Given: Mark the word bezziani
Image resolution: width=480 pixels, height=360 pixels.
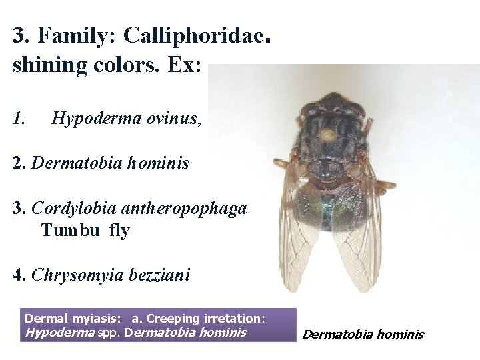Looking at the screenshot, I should [161, 274].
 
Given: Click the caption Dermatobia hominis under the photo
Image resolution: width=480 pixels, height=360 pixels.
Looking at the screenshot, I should [363, 335].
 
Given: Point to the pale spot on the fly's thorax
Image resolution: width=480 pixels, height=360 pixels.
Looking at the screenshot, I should [327, 134].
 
